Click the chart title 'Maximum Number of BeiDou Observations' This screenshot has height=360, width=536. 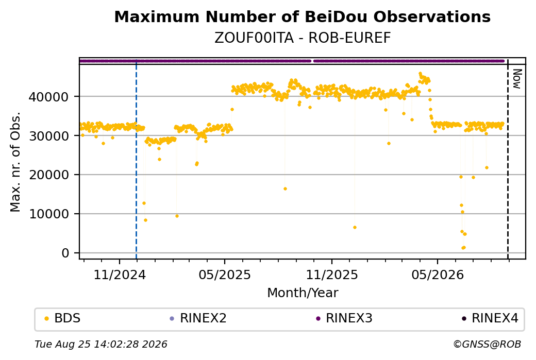point(302,16)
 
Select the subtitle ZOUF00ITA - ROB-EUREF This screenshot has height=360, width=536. point(302,38)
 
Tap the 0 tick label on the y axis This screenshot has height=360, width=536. point(65,253)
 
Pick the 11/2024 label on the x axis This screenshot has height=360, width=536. point(120,275)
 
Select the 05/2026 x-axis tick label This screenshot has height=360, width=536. point(438,275)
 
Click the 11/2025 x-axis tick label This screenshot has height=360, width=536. point(331,275)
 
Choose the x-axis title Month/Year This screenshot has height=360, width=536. point(303,293)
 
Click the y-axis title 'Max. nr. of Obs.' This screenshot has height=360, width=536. point(15,162)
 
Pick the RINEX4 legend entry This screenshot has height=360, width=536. point(490,318)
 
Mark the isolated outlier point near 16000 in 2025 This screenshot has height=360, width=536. point(285,189)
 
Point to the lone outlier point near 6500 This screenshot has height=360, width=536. point(355,228)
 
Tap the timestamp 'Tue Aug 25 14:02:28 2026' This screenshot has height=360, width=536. point(101,344)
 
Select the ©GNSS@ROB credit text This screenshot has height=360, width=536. point(487,344)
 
